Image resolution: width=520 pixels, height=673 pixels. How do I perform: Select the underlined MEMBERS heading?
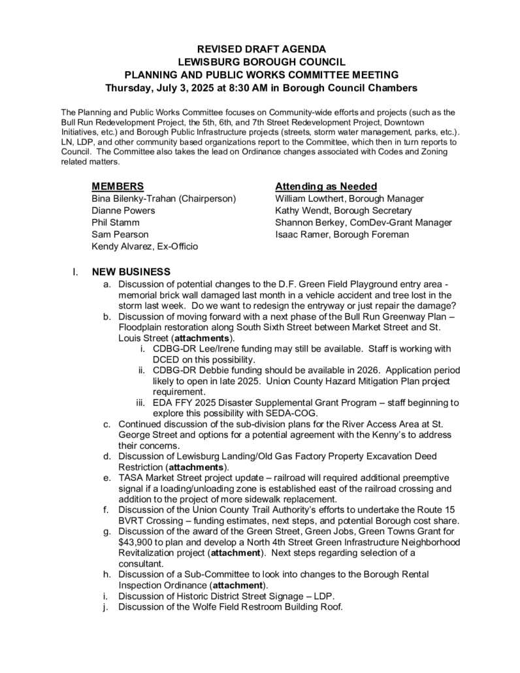pyautogui.click(x=118, y=186)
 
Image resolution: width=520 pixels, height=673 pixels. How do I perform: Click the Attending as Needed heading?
pyautogui.click(x=326, y=186)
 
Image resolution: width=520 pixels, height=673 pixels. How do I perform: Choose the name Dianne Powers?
pyautogui.click(x=123, y=210)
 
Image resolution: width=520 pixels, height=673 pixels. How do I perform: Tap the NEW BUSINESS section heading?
pyautogui.click(x=131, y=272)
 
